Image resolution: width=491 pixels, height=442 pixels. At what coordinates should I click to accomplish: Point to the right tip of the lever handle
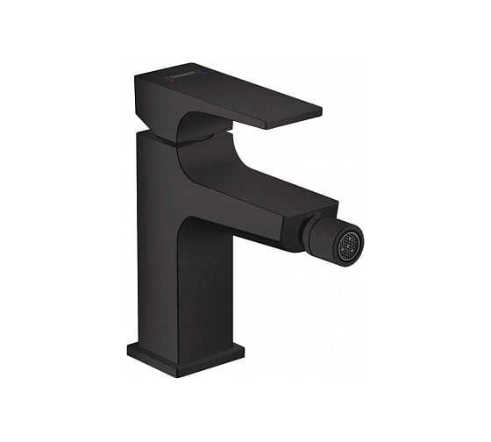320,113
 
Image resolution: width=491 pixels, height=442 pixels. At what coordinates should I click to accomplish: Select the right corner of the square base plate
244,350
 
